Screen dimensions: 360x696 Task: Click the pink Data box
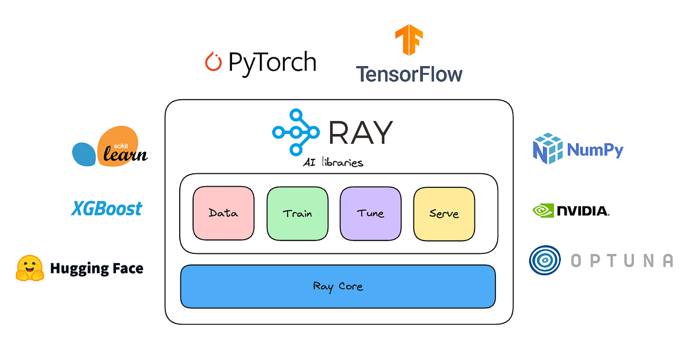point(223,213)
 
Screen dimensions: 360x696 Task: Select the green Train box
point(297,213)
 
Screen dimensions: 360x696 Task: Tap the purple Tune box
point(371,213)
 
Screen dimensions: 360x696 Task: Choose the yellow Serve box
point(444,213)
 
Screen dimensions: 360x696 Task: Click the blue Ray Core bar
point(338,286)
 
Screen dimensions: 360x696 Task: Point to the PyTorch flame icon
point(213,62)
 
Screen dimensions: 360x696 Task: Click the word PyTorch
point(272,62)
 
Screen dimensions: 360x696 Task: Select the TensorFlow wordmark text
point(409,74)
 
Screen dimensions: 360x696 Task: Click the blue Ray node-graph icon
point(296,132)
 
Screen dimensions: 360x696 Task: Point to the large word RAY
point(360,132)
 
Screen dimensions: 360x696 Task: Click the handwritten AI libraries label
point(334,162)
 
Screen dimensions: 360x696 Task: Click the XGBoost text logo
point(107,208)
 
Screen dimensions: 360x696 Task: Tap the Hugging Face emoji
point(30,268)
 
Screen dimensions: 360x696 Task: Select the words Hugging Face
point(96,268)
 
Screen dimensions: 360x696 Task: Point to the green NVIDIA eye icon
point(543,210)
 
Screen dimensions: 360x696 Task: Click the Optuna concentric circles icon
point(545,260)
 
